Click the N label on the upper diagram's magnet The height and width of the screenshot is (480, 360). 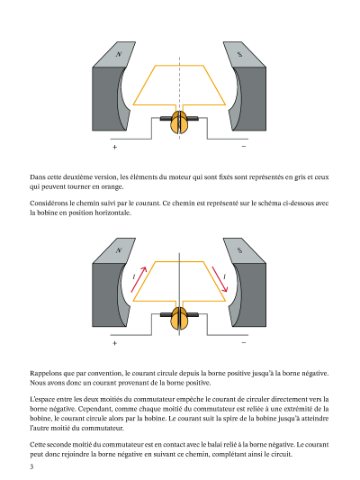click(119, 54)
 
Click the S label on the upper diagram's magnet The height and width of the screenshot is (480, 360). click(239, 54)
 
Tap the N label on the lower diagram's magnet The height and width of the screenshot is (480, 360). click(119, 250)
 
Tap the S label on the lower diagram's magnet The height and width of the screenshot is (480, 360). click(239, 250)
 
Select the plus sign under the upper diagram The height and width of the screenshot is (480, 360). click(114, 147)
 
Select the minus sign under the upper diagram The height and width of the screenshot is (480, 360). click(244, 146)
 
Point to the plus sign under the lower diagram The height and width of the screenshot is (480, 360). click(114, 343)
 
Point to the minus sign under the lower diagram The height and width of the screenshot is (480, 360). click(244, 342)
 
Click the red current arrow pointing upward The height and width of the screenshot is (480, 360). click(139, 279)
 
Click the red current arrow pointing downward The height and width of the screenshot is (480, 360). click(220, 279)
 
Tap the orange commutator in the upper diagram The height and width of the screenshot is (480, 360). click(179, 122)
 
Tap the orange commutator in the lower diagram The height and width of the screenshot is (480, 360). click(179, 319)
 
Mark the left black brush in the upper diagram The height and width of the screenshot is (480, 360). click(166, 118)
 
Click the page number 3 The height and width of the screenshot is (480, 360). click(31, 466)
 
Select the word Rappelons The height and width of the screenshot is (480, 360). click(46, 374)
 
